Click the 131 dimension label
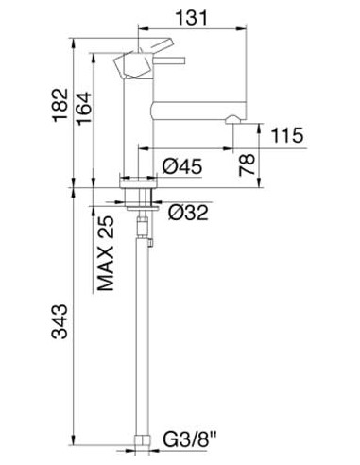coord(192,18)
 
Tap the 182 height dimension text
coord(60,105)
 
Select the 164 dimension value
coord(84,109)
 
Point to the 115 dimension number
coord(287,135)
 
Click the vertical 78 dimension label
coord(247,164)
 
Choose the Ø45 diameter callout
coord(182,166)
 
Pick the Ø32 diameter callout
coord(188,213)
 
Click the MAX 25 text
coord(106,253)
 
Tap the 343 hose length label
coord(60,321)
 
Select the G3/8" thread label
coord(190,439)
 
